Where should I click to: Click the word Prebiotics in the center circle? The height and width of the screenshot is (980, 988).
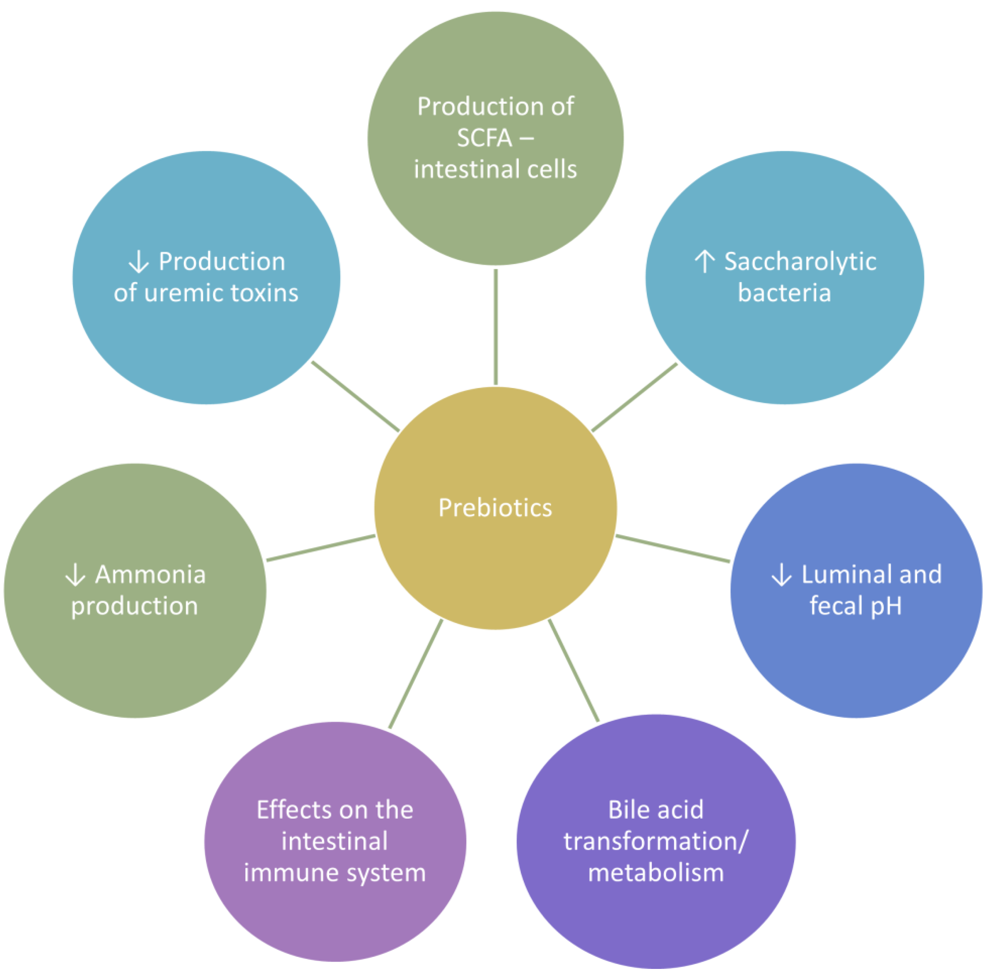[495, 508]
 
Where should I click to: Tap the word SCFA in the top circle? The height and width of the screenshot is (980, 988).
[484, 138]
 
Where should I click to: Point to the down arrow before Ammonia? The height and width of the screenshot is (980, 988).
[75, 574]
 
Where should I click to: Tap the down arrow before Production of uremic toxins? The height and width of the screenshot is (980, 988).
[138, 262]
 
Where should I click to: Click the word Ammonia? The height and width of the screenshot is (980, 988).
[150, 574]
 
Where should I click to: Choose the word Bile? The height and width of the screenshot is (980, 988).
[626, 810]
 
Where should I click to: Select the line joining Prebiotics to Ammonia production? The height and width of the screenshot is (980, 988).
[321, 548]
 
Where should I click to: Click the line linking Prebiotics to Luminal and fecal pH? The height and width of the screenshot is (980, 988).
[673, 549]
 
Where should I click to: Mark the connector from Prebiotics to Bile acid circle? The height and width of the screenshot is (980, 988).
[573, 670]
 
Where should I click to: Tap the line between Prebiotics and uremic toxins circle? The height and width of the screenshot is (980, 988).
[355, 396]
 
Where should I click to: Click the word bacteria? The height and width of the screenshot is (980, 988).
[784, 293]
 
